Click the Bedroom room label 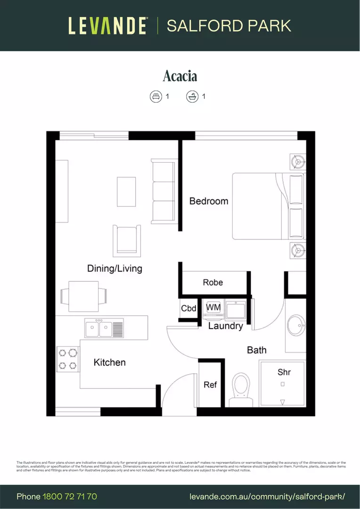(x=208, y=201)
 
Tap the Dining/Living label (x=115, y=269)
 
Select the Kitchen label (x=109, y=362)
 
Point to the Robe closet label (x=213, y=282)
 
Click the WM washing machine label (x=213, y=307)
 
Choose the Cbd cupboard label (x=188, y=309)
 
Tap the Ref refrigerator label (x=210, y=385)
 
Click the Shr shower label (x=284, y=372)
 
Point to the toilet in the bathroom (x=242, y=389)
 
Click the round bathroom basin (x=296, y=325)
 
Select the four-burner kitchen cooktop (x=67, y=359)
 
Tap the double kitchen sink (x=104, y=328)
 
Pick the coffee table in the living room (x=126, y=191)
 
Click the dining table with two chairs (x=83, y=296)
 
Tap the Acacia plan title (x=180, y=76)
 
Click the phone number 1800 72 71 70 (x=70, y=496)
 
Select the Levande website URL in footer (x=267, y=496)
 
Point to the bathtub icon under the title (x=192, y=97)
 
